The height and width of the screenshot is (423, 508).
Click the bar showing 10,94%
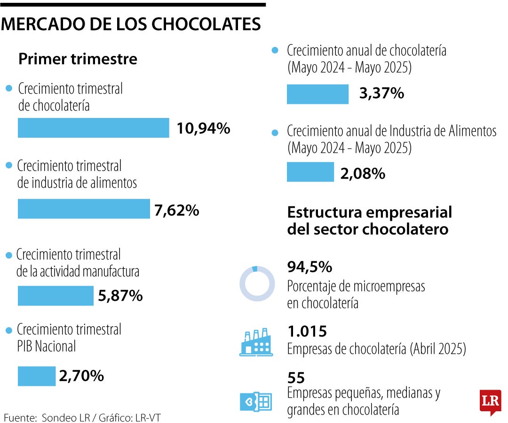point(93,128)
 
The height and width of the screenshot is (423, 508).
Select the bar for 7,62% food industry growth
point(83,209)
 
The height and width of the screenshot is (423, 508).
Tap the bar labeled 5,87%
point(56,296)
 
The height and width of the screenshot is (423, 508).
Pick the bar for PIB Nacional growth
point(37,376)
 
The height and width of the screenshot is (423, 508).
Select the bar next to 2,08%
point(310,172)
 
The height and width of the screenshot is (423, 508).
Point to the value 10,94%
point(203,128)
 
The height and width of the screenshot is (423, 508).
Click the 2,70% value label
point(81,376)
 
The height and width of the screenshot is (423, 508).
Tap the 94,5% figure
point(310,267)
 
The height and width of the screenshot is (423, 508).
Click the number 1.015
point(307,331)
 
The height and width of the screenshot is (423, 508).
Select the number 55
point(296,377)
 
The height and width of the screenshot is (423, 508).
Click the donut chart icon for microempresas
point(257,283)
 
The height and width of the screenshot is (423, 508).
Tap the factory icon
point(256,341)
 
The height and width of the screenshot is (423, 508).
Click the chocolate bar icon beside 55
point(256,402)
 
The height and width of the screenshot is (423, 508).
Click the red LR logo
point(490,402)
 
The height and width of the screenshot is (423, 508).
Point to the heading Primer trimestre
point(78,59)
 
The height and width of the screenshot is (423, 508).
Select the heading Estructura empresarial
point(369,212)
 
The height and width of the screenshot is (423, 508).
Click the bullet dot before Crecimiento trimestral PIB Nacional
point(8,331)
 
